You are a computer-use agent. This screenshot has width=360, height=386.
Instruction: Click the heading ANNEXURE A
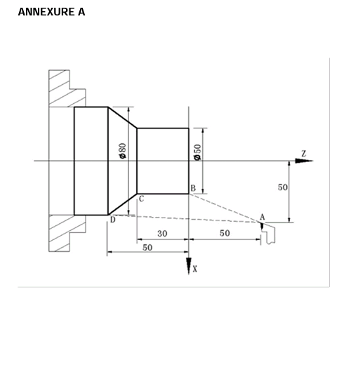click(x=51, y=12)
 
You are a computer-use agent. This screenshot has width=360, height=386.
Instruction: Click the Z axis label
click(x=303, y=153)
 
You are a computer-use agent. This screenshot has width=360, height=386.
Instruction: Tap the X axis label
click(x=195, y=269)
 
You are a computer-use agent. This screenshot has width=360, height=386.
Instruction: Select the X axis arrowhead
click(x=189, y=266)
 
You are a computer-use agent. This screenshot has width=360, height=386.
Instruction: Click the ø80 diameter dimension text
click(x=122, y=151)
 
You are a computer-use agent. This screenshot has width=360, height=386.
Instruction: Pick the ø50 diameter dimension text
click(x=197, y=152)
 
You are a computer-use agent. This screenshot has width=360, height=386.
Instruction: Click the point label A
click(x=262, y=217)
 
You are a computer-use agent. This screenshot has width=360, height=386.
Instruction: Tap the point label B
click(x=192, y=188)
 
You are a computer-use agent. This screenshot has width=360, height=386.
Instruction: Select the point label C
click(x=141, y=199)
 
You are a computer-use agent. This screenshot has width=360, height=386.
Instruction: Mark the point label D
click(x=112, y=220)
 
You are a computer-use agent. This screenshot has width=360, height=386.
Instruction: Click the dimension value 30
click(x=162, y=234)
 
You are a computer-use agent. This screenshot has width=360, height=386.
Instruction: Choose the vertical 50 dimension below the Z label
click(x=282, y=187)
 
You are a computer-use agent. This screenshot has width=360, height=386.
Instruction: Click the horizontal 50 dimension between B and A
click(x=225, y=233)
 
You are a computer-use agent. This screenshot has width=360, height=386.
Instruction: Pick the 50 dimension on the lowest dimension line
click(x=147, y=248)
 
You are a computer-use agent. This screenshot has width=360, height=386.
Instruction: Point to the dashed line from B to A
click(x=225, y=208)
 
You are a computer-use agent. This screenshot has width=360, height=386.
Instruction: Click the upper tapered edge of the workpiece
click(x=122, y=117)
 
